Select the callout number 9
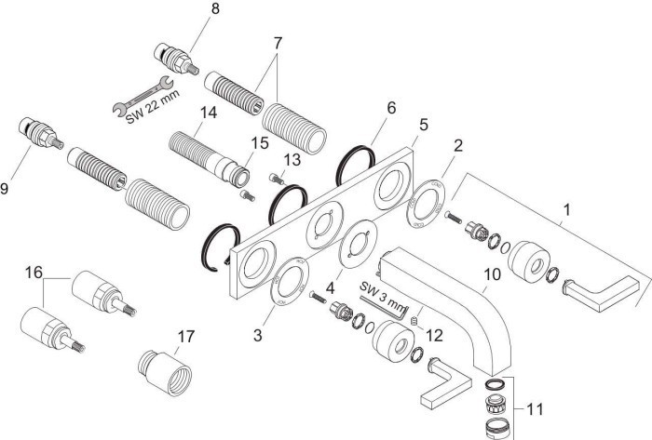pos(8,188)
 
